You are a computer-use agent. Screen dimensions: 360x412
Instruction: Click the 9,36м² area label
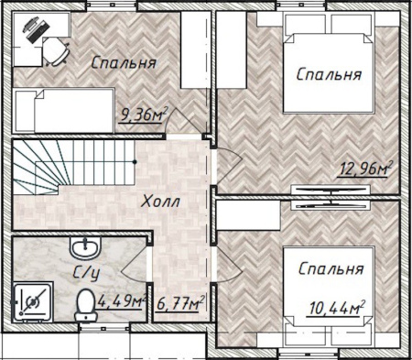pyautogui.click(x=145, y=115)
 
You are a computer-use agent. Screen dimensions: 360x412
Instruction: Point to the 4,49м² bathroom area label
pyautogui.click(x=123, y=300)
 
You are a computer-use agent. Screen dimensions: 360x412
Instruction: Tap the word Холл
pyautogui.click(x=161, y=202)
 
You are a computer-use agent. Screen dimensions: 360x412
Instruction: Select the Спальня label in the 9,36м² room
pyautogui.click(x=124, y=63)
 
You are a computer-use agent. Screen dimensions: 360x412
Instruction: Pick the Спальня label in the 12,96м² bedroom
pyautogui.click(x=328, y=74)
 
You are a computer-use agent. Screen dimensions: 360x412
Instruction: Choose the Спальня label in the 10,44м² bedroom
pyautogui.click(x=331, y=269)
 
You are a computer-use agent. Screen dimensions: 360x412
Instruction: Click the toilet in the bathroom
pyautogui.click(x=84, y=301)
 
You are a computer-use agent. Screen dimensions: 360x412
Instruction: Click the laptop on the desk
pyautogui.click(x=34, y=29)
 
